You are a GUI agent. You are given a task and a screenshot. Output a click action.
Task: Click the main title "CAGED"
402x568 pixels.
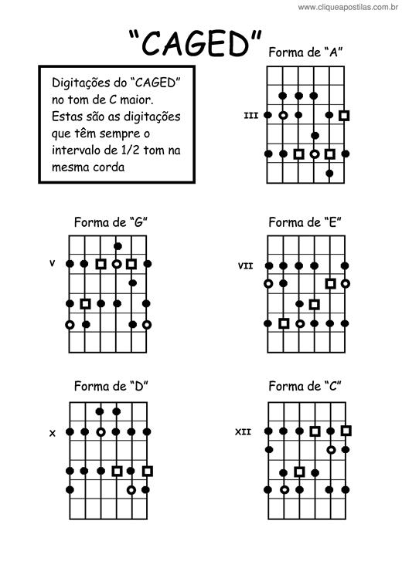[x=195, y=42]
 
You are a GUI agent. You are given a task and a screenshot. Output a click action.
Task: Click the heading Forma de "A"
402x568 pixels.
[x=305, y=52]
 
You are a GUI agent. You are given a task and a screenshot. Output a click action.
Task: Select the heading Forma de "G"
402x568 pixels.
[x=111, y=222]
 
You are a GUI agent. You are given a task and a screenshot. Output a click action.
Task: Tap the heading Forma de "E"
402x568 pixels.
[x=305, y=222]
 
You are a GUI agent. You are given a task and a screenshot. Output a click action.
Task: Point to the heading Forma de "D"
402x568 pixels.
[x=111, y=386]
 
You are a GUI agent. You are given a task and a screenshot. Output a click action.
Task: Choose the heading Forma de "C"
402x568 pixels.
[x=305, y=386]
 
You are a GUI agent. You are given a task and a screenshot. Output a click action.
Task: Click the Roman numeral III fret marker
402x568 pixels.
[x=251, y=116]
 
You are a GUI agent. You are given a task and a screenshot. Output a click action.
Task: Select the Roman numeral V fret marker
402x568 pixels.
[x=53, y=263]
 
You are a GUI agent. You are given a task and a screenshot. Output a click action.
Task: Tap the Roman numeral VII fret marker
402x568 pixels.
[x=245, y=266]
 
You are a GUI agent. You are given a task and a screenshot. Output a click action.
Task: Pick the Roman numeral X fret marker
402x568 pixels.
[x=53, y=433]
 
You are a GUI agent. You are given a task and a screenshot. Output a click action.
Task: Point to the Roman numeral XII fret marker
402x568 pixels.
[x=243, y=432]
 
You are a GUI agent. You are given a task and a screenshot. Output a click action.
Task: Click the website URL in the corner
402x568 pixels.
[x=348, y=7]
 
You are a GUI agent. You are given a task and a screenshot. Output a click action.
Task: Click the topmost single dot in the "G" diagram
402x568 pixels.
[x=118, y=246]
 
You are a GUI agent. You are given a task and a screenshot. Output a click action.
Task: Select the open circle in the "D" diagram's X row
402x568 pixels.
[x=101, y=432]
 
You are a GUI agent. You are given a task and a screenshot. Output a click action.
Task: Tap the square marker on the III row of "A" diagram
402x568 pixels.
[x=344, y=116]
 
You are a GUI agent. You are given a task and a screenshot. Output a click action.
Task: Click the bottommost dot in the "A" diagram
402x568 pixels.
[x=329, y=174]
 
